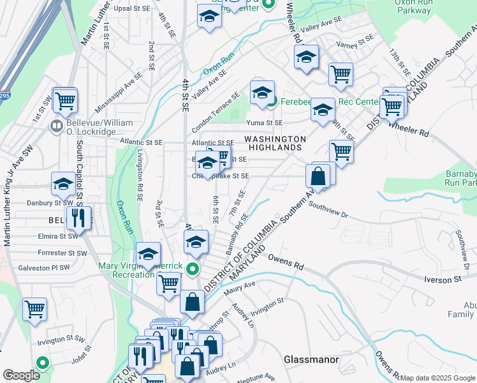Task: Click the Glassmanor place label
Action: (x=311, y=359)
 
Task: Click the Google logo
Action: (x=21, y=375)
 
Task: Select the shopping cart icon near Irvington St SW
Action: (x=35, y=309)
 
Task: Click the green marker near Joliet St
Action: (x=43, y=363)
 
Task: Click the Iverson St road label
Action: (x=448, y=280)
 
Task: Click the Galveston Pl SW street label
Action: (x=43, y=267)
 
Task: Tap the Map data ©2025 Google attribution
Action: (x=437, y=378)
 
